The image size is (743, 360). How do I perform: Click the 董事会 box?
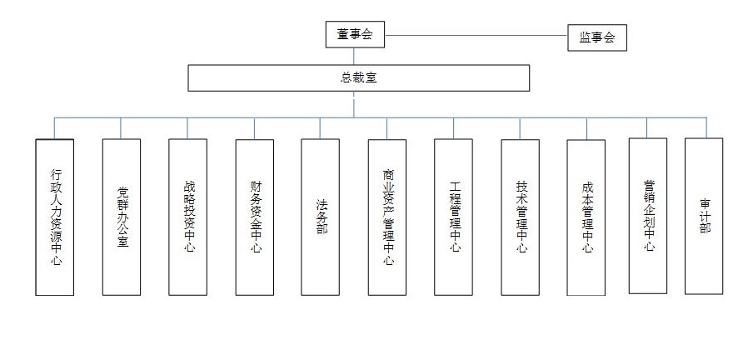pyautogui.click(x=355, y=34)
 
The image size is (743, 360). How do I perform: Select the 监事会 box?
pyautogui.click(x=597, y=37)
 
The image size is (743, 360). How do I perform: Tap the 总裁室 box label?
pyautogui.click(x=359, y=77)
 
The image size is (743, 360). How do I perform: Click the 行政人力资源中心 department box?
pyautogui.click(x=54, y=217)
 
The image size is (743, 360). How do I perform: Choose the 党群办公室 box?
pyautogui.click(x=122, y=217)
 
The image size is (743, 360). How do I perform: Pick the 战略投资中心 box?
pyautogui.click(x=187, y=217)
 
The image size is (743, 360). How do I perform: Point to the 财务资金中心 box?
pyautogui.click(x=254, y=217)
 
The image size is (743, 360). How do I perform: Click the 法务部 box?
pyautogui.click(x=320, y=217)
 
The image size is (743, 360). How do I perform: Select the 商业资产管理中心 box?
pyautogui.click(x=387, y=217)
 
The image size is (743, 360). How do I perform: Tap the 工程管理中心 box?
pyautogui.click(x=453, y=217)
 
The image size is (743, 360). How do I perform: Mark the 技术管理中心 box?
pyautogui.click(x=521, y=217)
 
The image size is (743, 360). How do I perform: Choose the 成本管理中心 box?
pyautogui.click(x=586, y=217)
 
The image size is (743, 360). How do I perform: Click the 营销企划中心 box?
pyautogui.click(x=648, y=216)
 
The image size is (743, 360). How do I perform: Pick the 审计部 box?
pyautogui.click(x=704, y=216)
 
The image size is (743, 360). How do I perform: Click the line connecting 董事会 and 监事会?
pyautogui.click(x=476, y=35)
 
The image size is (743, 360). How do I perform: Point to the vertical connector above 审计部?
pyautogui.click(x=706, y=127)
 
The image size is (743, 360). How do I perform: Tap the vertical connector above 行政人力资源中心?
pyautogui.click(x=54, y=128)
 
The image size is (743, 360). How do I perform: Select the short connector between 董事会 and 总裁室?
pyautogui.click(x=353, y=56)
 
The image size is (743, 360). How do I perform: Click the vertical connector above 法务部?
pyautogui.click(x=320, y=128)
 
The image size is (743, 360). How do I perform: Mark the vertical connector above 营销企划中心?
pyautogui.click(x=647, y=127)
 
